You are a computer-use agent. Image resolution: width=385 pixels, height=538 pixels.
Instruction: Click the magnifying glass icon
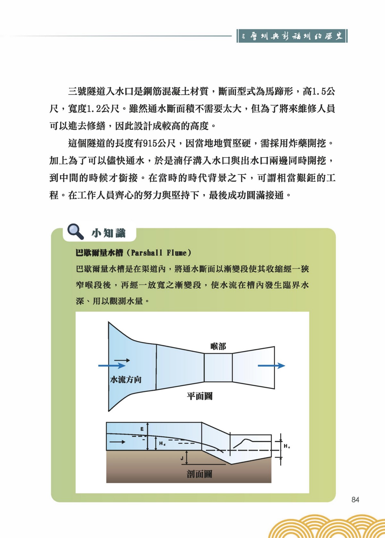click(75, 231)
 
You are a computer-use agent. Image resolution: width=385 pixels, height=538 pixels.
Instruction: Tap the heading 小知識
click(108, 233)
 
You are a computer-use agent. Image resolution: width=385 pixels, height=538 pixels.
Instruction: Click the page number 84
click(355, 500)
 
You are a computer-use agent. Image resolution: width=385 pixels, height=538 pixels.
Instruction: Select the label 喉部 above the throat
click(218, 346)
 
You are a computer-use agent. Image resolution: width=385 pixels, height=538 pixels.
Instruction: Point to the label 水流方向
click(126, 380)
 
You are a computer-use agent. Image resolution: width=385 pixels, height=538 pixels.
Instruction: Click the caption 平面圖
click(200, 396)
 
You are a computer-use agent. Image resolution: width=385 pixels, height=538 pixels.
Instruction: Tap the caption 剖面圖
click(199, 474)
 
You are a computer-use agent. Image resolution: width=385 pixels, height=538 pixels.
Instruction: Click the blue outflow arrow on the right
click(271, 366)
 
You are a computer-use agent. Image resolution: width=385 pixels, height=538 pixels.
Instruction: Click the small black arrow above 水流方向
click(122, 360)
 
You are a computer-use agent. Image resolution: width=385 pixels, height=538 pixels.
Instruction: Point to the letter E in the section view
click(142, 429)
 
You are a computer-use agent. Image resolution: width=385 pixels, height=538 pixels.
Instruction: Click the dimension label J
click(182, 458)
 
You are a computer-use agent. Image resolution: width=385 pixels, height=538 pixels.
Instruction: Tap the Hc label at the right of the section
click(287, 446)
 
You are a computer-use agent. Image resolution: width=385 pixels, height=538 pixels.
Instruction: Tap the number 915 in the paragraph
click(150, 143)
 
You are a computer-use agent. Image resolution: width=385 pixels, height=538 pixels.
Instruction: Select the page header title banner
click(292, 36)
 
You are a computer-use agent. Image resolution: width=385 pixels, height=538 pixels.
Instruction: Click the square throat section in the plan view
click(218, 368)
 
